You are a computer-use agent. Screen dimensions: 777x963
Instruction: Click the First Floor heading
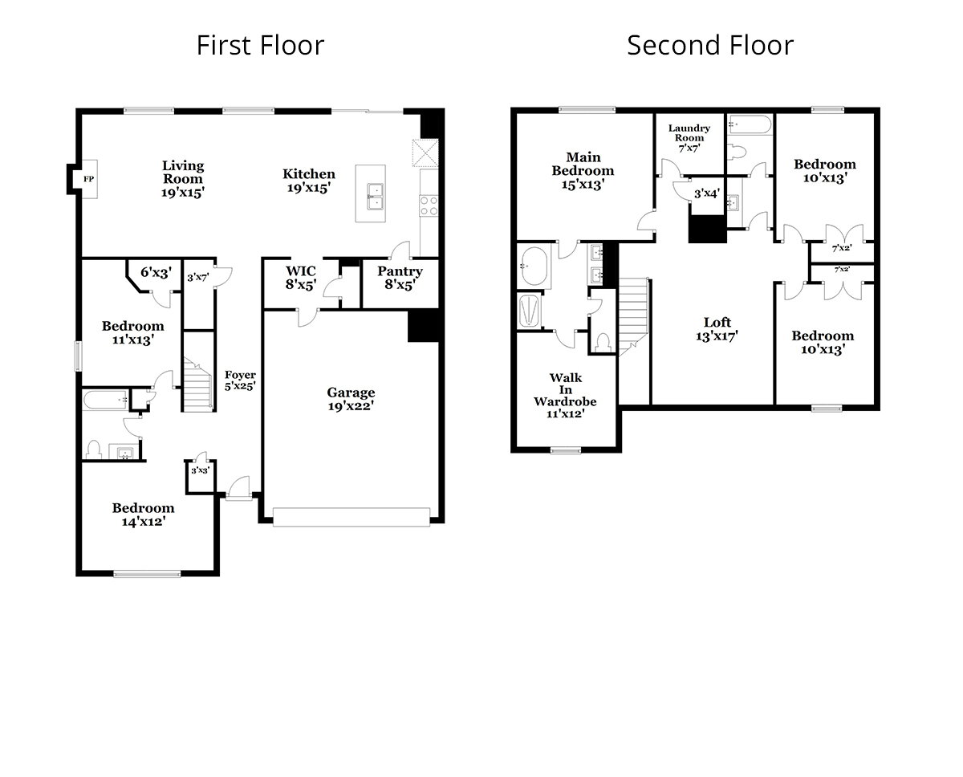260,45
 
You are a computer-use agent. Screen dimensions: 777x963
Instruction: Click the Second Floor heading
709,45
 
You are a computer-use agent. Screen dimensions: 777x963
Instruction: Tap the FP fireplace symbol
86,178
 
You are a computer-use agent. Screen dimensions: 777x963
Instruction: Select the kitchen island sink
375,194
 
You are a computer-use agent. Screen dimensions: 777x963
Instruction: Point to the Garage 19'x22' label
351,399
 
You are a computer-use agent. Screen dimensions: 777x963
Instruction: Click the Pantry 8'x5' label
400,277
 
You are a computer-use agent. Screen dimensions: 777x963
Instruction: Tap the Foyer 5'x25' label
240,380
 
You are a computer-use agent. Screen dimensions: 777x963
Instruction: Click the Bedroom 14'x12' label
143,514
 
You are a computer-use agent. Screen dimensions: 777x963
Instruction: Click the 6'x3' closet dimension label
156,273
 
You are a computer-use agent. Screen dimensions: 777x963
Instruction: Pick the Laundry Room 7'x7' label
689,137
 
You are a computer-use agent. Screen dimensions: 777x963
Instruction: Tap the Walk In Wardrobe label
566,395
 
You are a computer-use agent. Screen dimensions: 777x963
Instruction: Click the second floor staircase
633,310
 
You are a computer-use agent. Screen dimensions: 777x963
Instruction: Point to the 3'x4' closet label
706,193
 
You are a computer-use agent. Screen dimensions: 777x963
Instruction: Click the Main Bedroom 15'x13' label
583,170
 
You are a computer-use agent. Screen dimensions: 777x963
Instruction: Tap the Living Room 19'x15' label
183,178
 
